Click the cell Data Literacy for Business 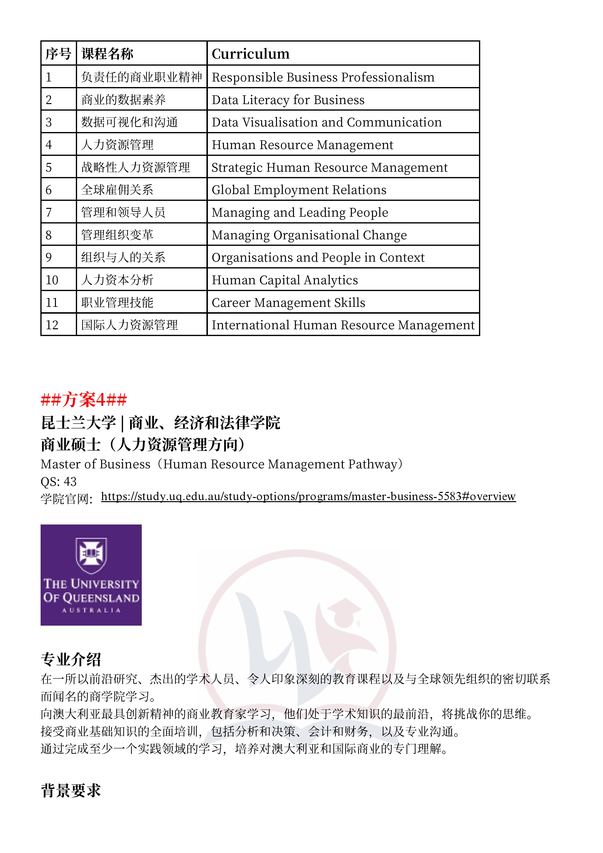coord(288,100)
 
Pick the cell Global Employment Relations coord(299,190)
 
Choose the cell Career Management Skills coord(288,303)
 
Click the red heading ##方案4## coord(84,400)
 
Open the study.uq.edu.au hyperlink coord(308,496)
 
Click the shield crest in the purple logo coord(91,555)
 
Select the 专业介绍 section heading coord(71,659)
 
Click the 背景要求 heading coord(71,791)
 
